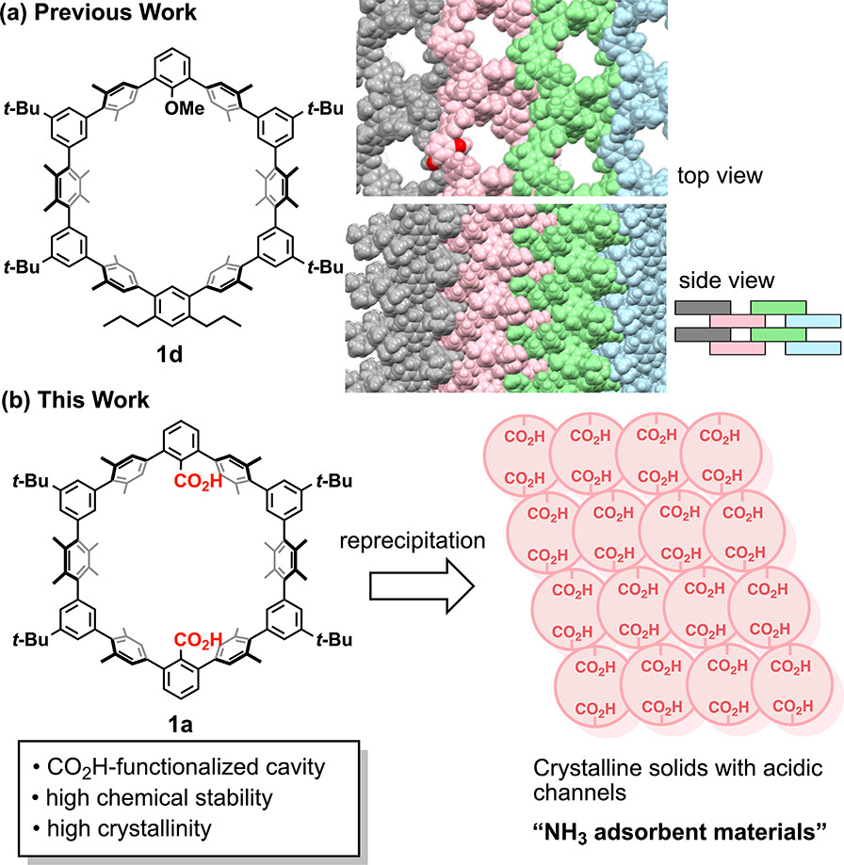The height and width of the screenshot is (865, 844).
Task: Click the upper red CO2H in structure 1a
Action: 198,483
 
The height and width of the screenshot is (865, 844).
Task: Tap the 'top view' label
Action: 718,175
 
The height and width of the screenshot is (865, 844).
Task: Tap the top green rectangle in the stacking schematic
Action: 778,308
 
